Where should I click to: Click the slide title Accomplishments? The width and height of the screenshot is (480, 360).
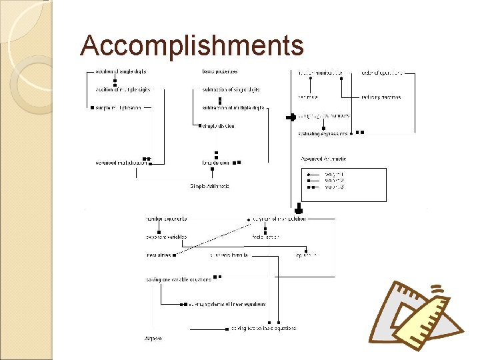click(x=192, y=46)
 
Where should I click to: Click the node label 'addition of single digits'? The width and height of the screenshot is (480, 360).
click(x=121, y=71)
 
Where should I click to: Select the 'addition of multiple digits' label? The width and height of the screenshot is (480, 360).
click(x=123, y=89)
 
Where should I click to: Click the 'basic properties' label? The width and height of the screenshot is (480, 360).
click(x=219, y=71)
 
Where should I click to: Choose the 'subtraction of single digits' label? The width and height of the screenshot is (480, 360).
click(x=231, y=89)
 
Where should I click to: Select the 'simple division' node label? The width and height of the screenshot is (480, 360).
click(x=218, y=126)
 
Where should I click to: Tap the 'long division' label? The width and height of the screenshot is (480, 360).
click(x=216, y=162)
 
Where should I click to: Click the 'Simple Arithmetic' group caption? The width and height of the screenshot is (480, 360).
click(x=210, y=186)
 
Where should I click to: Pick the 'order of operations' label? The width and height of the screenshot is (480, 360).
click(x=382, y=72)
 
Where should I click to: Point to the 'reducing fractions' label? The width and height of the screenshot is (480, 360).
click(x=381, y=97)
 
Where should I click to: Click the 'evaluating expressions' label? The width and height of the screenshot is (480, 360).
click(x=323, y=133)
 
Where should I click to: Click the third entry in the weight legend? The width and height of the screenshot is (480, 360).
click(x=334, y=187)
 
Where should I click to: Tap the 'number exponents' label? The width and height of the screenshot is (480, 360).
click(x=166, y=219)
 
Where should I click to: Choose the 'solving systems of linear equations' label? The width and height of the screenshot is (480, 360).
click(x=227, y=305)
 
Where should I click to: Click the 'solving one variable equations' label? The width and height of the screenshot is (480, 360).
click(x=178, y=279)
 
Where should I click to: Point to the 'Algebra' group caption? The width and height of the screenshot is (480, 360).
click(x=153, y=339)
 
